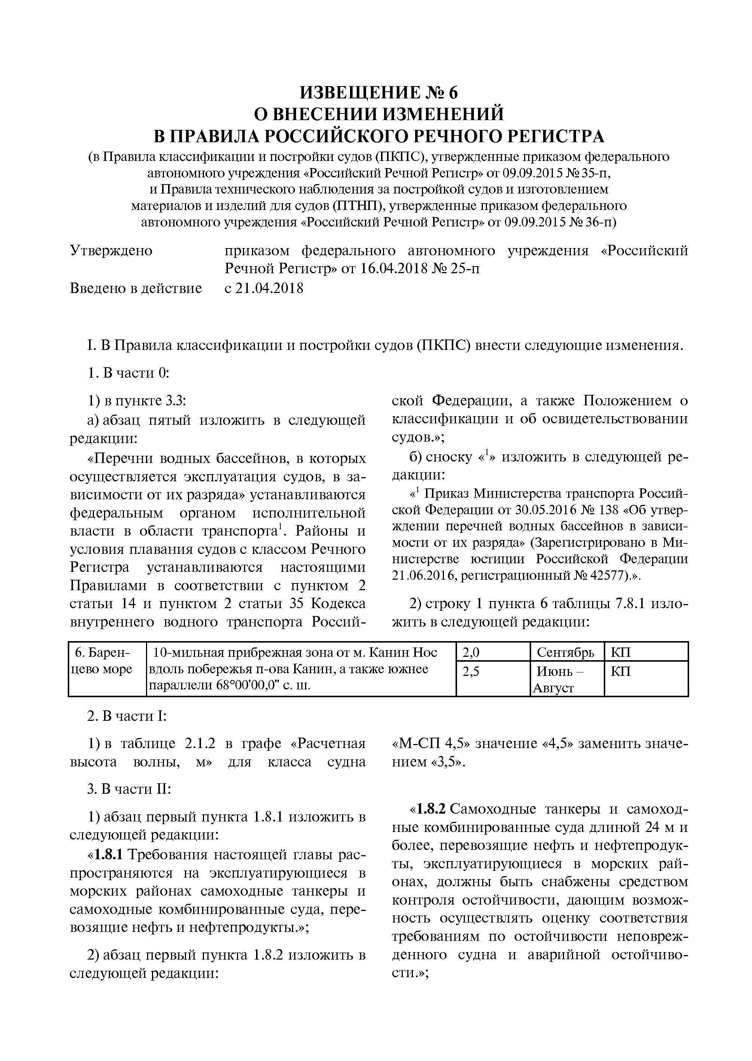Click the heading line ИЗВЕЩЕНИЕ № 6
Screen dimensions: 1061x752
coord(378,92)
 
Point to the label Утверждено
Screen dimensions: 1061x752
coord(111,251)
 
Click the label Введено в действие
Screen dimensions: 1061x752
coord(136,289)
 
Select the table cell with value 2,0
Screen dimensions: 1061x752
coord(471,653)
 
